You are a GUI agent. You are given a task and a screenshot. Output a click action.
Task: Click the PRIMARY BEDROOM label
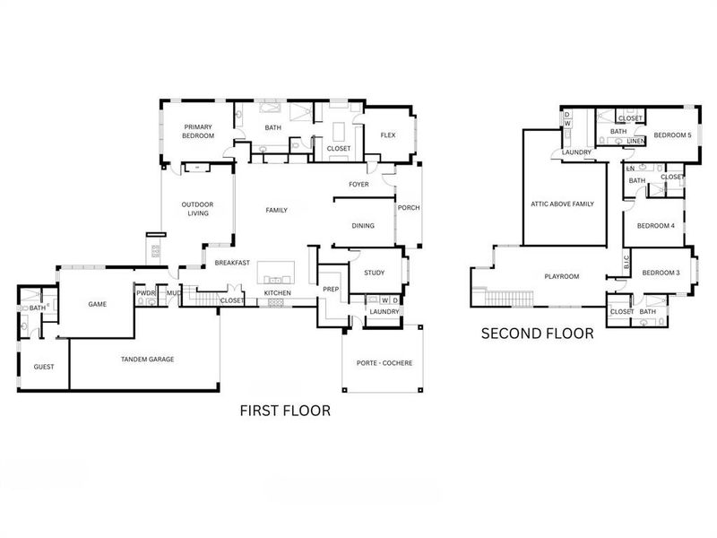(x=198, y=131)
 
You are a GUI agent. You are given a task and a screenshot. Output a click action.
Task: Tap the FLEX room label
(x=388, y=135)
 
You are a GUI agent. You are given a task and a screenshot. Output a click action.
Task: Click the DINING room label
(x=363, y=226)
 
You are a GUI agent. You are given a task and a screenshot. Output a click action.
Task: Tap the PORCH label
(x=409, y=208)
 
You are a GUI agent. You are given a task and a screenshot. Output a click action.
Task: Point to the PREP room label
(x=331, y=290)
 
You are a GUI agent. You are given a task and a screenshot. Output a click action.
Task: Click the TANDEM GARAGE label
(x=148, y=359)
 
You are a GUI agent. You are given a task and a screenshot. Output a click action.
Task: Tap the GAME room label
(x=97, y=304)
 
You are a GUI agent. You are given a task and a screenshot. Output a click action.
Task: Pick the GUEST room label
(x=43, y=367)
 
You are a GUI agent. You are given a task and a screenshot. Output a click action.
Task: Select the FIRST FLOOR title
(x=285, y=411)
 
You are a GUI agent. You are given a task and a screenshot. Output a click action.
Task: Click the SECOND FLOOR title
(x=537, y=334)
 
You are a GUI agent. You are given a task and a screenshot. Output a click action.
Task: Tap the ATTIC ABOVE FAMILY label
(x=563, y=204)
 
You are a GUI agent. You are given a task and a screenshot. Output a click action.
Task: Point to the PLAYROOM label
(x=563, y=276)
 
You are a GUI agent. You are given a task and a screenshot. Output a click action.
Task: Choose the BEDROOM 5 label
(x=672, y=134)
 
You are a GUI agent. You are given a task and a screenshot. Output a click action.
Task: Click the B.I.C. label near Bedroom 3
(x=626, y=263)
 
